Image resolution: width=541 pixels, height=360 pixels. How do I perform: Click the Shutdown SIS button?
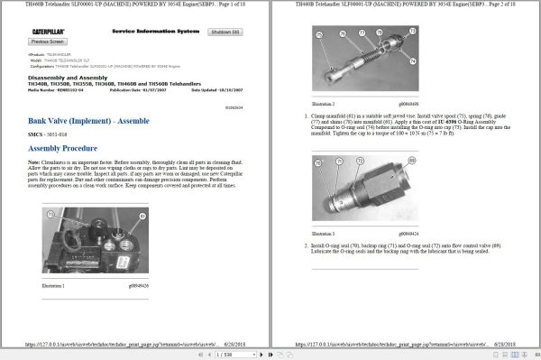pyautogui.click(x=225, y=32)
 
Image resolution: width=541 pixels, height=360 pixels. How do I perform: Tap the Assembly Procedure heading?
pyautogui.click(x=66, y=147)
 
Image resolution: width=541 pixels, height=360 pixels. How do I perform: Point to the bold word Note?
pyautogui.click(x=34, y=162)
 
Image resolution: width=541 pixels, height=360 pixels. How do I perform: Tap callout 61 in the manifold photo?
pyautogui.click(x=51, y=215)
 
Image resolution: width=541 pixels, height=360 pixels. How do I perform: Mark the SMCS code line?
pyautogui.click(x=53, y=133)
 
